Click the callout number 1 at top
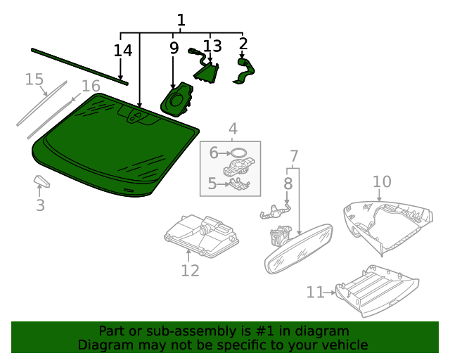tap(181, 20)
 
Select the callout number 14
tap(123, 51)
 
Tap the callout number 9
tap(174, 49)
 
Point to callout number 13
tap(212, 46)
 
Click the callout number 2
tap(243, 44)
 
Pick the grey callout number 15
tap(34, 79)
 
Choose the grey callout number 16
tap(91, 86)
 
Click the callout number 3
tap(40, 205)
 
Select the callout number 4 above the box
tap(232, 129)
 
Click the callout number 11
tap(314, 291)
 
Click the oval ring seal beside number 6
tap(239, 152)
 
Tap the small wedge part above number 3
tap(42, 182)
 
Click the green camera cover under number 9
tap(176, 99)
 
